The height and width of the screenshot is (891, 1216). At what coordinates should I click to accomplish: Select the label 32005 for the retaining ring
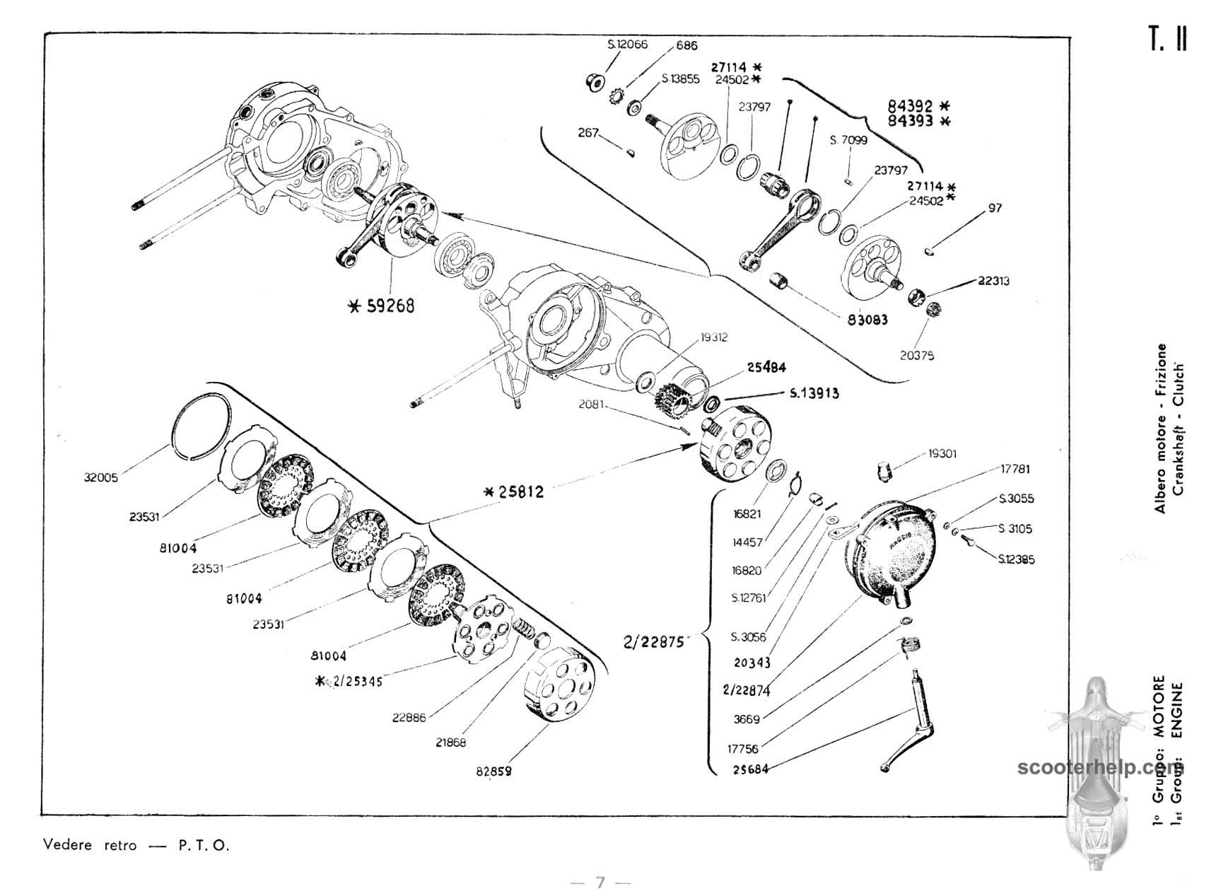click(x=100, y=477)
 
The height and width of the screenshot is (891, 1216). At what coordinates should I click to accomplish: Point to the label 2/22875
click(x=653, y=642)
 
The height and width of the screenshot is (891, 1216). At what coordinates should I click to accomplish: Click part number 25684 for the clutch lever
click(x=750, y=769)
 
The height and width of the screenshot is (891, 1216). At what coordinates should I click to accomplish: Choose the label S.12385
click(x=1016, y=559)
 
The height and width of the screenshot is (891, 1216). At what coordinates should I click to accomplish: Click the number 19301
click(x=942, y=453)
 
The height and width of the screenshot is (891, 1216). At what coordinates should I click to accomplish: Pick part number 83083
click(x=867, y=320)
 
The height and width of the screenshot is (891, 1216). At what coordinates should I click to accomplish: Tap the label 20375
click(x=916, y=356)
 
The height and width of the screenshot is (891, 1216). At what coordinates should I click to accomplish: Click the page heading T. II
click(x=1167, y=40)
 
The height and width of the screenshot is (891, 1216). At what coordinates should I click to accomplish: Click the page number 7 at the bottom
click(x=600, y=882)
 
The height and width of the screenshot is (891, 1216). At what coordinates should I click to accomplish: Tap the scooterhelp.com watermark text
click(x=1096, y=768)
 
